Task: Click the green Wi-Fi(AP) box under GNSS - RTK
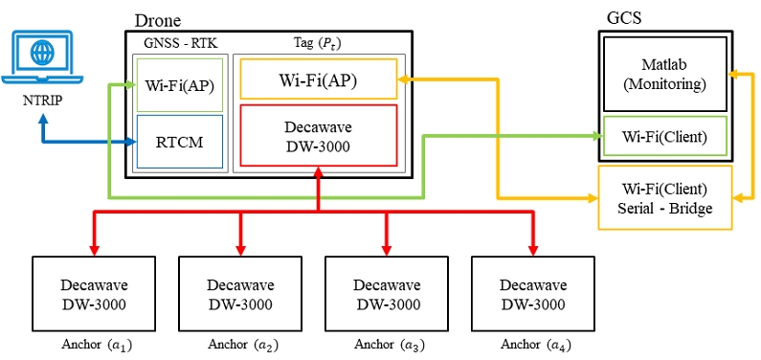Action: pyautogui.click(x=179, y=84)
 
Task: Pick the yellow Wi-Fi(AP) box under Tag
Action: pyautogui.click(x=318, y=79)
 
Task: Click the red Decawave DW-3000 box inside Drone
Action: pyautogui.click(x=318, y=134)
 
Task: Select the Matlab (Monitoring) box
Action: pyautogui.click(x=666, y=74)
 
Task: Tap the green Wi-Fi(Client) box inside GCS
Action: pyautogui.click(x=666, y=137)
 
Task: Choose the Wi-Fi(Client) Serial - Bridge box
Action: pyautogui.click(x=666, y=197)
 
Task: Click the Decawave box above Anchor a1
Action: pyautogui.click(x=94, y=294)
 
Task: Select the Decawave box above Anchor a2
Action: pyautogui.click(x=240, y=294)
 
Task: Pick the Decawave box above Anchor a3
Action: pyautogui.click(x=387, y=294)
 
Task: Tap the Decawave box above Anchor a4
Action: pyautogui.click(x=533, y=294)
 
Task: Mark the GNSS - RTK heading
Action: pyautogui.click(x=178, y=42)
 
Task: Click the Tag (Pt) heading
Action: pyautogui.click(x=319, y=42)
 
